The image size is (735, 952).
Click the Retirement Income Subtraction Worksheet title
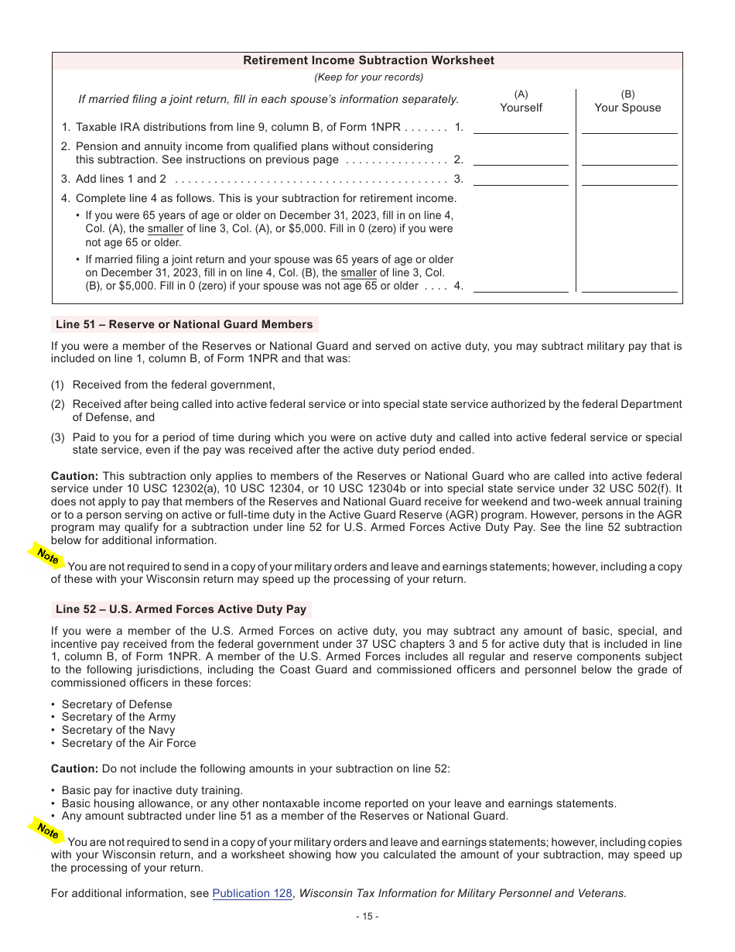click(368, 60)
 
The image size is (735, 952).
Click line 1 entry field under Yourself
click(521, 127)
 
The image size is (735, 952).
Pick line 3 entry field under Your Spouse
click(629, 179)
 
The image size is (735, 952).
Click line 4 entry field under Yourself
click(521, 286)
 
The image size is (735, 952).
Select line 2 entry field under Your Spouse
click(629, 159)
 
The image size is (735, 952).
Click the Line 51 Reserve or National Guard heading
click(184, 324)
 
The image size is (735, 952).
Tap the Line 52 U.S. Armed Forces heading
click(181, 609)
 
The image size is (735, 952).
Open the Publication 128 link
click(252, 893)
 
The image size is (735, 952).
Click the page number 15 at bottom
click(367, 916)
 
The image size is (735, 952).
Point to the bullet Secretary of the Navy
click(118, 730)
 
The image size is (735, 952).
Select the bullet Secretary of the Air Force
click(128, 743)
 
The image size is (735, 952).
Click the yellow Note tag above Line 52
click(47, 556)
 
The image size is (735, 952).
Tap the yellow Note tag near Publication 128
click(47, 830)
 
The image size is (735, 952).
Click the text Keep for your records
click(368, 77)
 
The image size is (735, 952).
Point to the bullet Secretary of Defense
click(117, 704)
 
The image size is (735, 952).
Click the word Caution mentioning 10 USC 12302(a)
click(74, 476)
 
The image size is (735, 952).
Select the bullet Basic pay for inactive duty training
click(152, 790)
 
